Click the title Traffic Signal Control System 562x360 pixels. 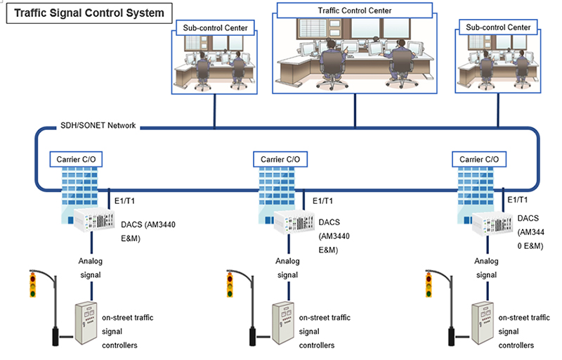(x=89, y=13)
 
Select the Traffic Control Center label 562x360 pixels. (x=354, y=11)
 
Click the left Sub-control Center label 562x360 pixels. (x=214, y=28)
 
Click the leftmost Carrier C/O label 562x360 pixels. (x=74, y=160)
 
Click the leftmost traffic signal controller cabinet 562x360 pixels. (x=86, y=323)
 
